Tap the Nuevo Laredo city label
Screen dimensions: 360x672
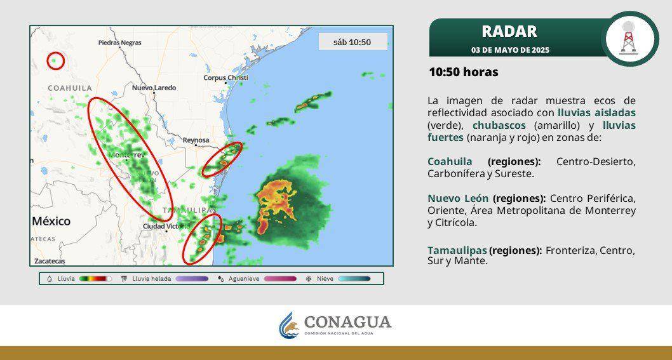[154, 88]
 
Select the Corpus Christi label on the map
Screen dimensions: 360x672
[225, 77]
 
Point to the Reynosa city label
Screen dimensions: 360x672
[196, 140]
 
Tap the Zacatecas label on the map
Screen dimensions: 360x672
[50, 261]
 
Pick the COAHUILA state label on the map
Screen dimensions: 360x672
[70, 88]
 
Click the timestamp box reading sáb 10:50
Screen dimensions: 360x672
[353, 43]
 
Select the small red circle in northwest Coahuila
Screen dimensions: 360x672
[56, 61]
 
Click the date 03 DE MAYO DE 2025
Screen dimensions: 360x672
[510, 50]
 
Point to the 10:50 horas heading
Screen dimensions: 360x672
[463, 72]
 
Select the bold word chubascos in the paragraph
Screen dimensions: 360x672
[499, 125]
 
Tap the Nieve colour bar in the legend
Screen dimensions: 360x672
[354, 278]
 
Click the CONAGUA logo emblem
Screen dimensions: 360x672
[290, 324]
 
